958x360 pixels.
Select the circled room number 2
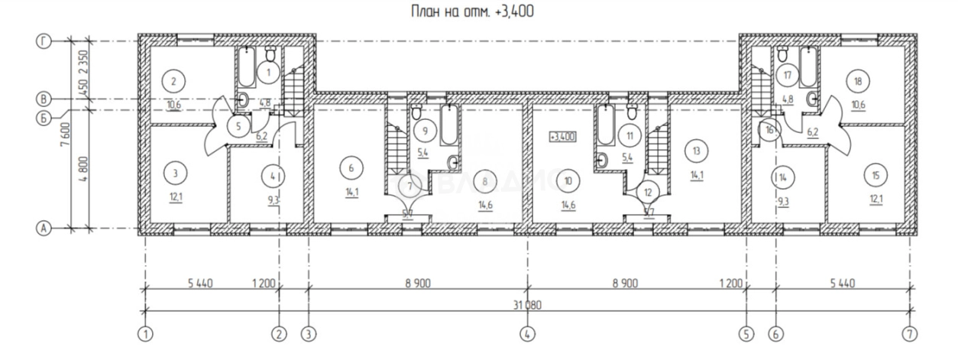[x=174, y=81]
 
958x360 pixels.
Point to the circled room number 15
[x=876, y=175]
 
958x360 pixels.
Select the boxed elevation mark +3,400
[x=562, y=137]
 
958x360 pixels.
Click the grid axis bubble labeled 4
[x=527, y=334]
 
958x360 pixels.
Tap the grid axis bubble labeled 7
[x=909, y=334]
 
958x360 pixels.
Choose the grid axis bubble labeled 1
[x=143, y=334]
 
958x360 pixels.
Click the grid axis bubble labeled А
[x=44, y=228]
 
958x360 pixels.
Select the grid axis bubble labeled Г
[x=44, y=42]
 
